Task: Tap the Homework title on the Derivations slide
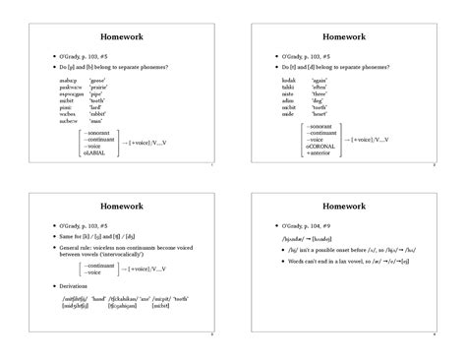pos(119,208)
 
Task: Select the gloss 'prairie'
pos(98,86)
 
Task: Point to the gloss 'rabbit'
pos(97,113)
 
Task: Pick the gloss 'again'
pos(320,79)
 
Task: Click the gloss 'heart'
pos(320,113)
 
